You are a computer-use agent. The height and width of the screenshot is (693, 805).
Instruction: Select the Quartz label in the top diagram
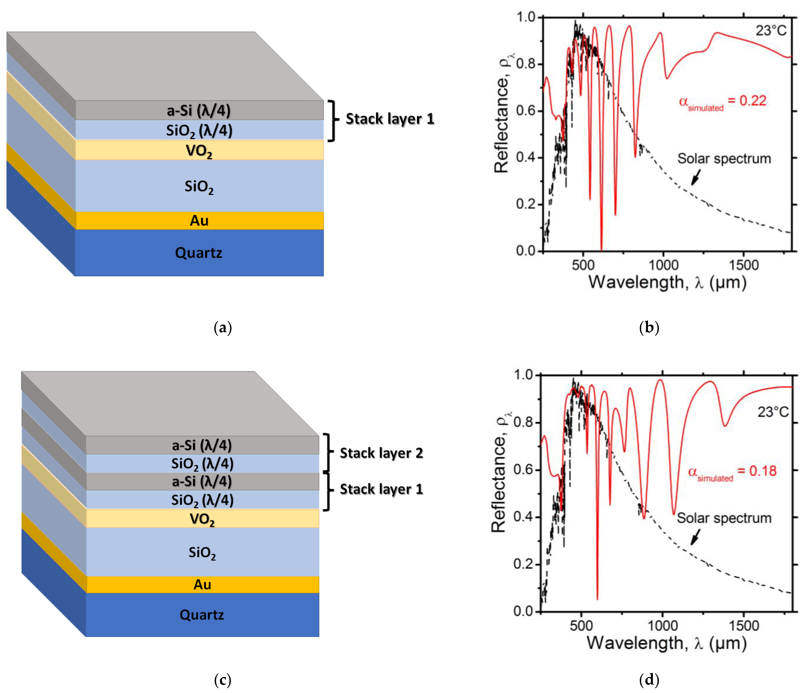tap(198, 253)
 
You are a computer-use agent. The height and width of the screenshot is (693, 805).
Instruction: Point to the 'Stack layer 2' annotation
tap(381, 453)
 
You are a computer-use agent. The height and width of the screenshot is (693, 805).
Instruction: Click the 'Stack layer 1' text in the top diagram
tap(390, 119)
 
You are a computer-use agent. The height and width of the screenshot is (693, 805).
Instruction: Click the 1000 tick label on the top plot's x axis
tap(664, 265)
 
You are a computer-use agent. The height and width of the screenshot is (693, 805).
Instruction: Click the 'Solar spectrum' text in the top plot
tap(724, 159)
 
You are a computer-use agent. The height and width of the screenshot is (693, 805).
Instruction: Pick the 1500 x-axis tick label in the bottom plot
tap(744, 626)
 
